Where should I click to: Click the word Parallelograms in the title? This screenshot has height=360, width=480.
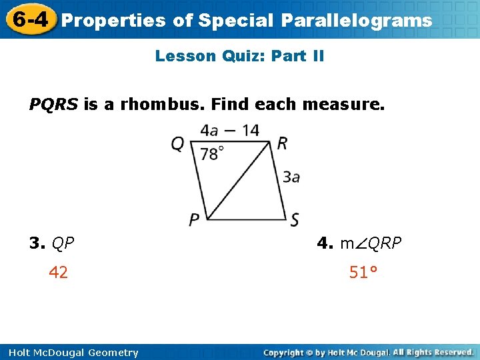point(356,21)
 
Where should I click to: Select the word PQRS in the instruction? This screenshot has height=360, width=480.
point(53,105)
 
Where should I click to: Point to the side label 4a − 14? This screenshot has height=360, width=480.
point(230,130)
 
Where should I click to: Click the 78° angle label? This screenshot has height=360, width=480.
point(212,154)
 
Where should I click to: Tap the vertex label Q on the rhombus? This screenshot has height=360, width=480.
point(177,144)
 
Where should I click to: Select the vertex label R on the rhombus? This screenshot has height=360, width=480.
point(282,143)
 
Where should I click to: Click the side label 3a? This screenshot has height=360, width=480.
point(291,177)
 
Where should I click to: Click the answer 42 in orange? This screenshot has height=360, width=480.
point(59,272)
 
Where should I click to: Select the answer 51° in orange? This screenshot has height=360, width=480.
point(363,272)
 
